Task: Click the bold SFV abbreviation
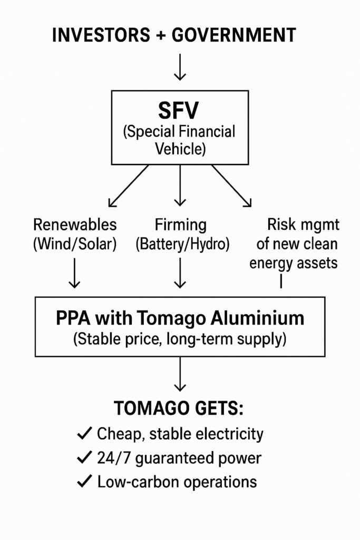(x=180, y=111)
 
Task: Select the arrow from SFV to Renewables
(x=128, y=186)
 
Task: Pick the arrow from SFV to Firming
(x=180, y=185)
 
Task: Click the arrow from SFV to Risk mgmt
(x=232, y=186)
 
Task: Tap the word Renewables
(x=75, y=225)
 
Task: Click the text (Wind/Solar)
(x=75, y=245)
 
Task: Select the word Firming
(x=180, y=225)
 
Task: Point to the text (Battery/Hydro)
(x=180, y=245)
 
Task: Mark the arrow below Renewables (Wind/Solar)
(x=75, y=273)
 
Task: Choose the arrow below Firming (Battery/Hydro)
(x=180, y=273)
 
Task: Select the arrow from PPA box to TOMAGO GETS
(x=180, y=375)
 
